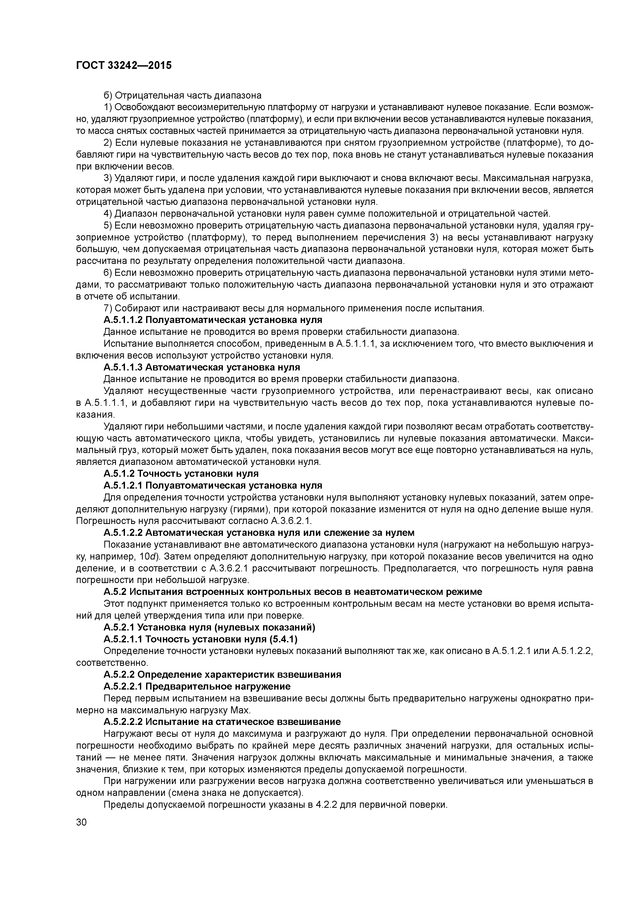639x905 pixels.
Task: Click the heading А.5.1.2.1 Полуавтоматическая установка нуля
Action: [213, 485]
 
